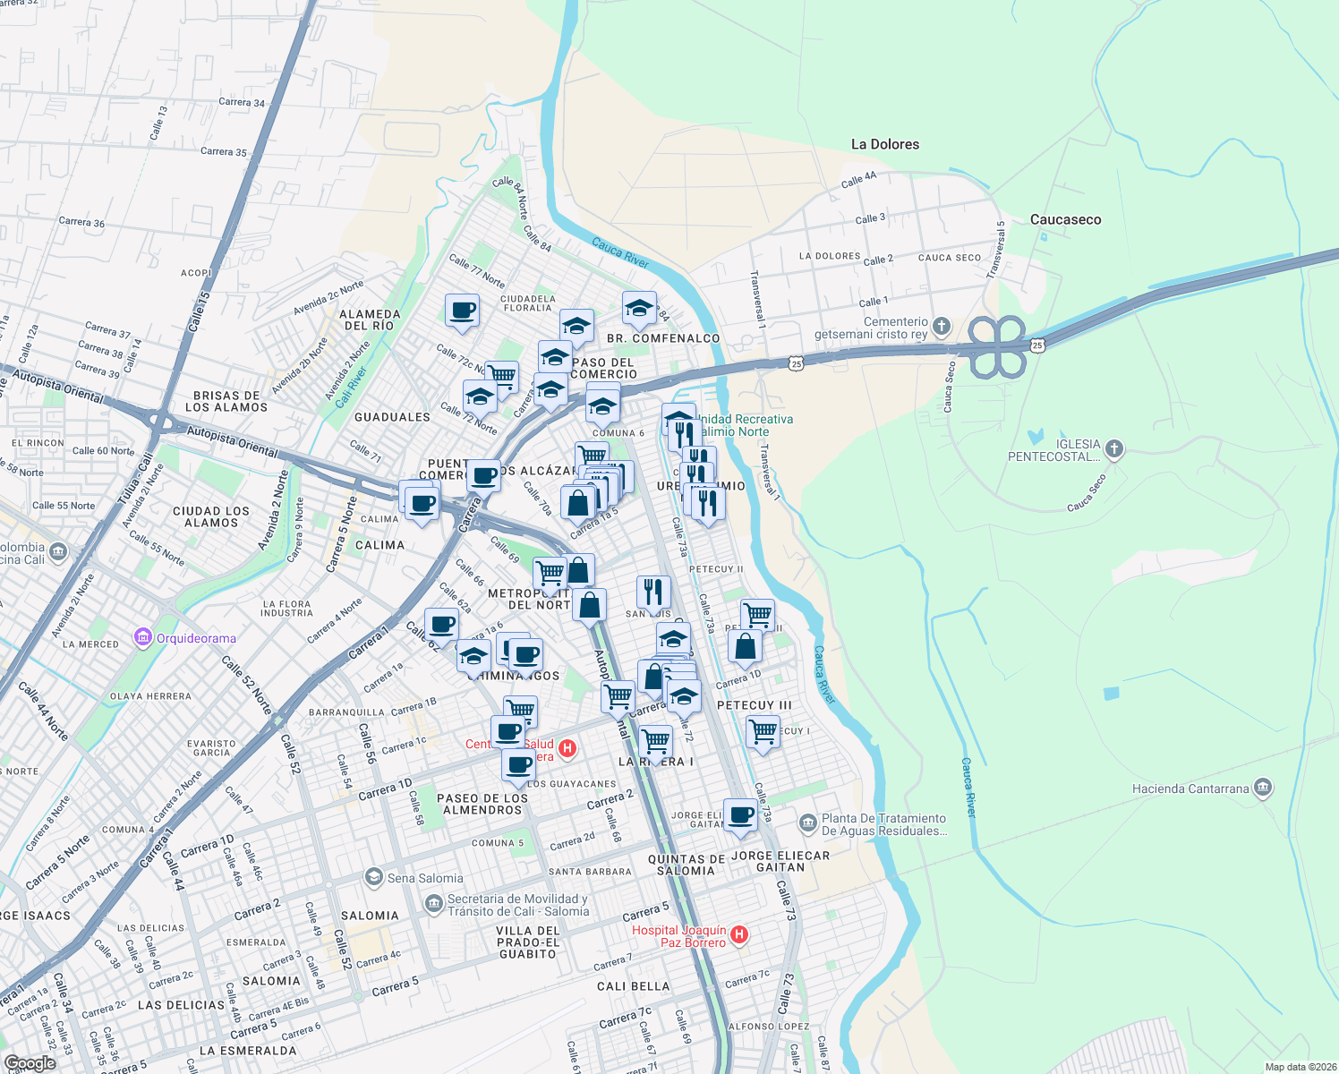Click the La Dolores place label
point(884,144)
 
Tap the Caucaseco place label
point(1065,219)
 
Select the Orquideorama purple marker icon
point(142,637)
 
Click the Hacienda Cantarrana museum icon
point(1263,788)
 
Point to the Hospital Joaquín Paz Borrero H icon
point(738,935)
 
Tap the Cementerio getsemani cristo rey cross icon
point(941,325)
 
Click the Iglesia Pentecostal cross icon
point(1113,449)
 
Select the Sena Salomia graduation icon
point(373,877)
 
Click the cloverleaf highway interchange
point(997,346)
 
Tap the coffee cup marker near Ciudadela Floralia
point(462,311)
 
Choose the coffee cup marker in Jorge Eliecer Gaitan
point(740,815)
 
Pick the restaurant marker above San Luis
point(653,592)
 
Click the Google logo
point(30,1063)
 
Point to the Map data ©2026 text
point(1300,1067)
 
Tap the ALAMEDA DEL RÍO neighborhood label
point(370,320)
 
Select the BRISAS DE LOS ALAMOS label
point(226,401)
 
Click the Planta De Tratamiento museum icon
point(807,822)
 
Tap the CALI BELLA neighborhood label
point(633,986)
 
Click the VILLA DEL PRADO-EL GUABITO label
point(528,942)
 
